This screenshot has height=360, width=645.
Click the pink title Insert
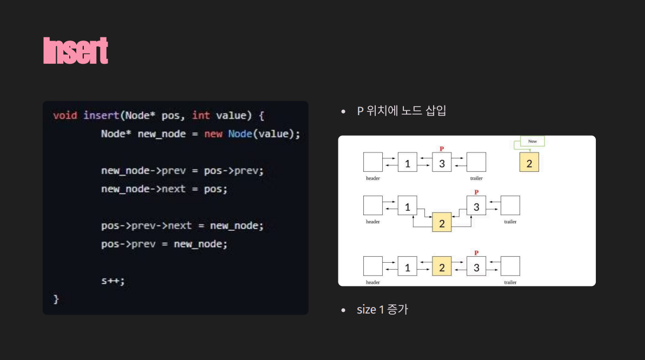(76, 51)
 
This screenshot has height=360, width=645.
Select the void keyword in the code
(65, 116)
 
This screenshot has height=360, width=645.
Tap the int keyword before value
(201, 116)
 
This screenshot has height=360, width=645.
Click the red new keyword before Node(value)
(213, 134)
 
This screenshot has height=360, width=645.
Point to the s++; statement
(113, 281)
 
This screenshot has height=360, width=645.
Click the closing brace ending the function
(56, 299)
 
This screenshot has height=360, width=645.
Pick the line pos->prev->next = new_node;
(182, 226)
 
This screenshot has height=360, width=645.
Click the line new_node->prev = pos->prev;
(182, 171)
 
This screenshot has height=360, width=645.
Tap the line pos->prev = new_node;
(164, 244)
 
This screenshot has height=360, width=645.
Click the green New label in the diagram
(533, 141)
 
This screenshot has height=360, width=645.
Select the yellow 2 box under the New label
(529, 162)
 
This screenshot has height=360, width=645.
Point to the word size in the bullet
(366, 310)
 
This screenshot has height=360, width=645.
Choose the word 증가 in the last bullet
(397, 310)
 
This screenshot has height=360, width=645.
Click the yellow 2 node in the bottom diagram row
(442, 267)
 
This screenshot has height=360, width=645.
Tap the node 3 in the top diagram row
(442, 162)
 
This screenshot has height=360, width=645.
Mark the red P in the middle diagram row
(476, 192)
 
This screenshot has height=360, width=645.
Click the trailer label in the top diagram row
(476, 178)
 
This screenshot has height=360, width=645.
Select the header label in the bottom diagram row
(373, 283)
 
